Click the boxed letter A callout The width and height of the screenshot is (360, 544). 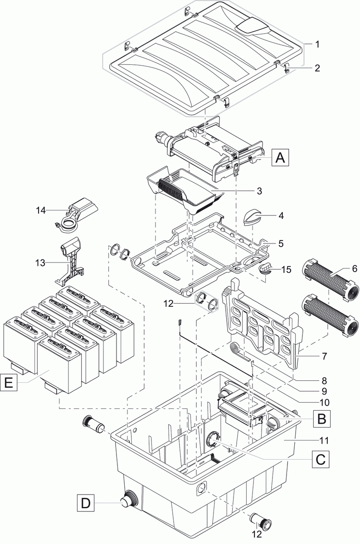(x=281, y=158)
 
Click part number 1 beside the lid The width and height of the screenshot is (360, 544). (x=317, y=44)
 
